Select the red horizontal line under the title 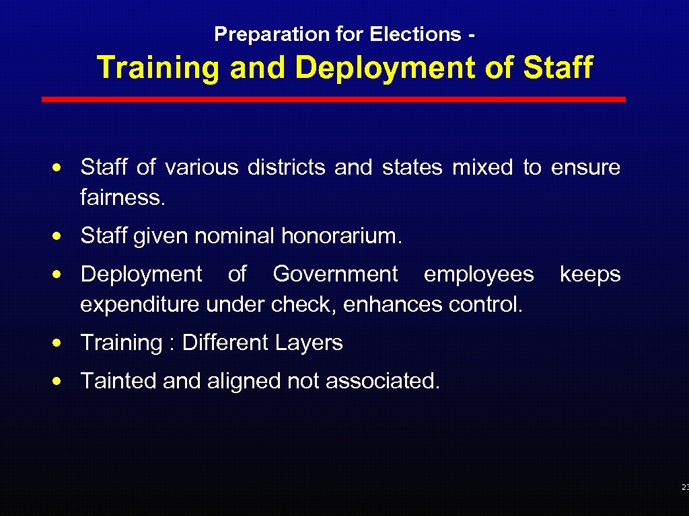(334, 99)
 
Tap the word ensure (585, 167)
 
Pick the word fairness (122, 198)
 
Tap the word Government (335, 274)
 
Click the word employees (478, 274)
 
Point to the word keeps (590, 274)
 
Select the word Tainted (118, 381)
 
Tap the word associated (382, 381)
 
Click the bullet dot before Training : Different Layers (61, 343)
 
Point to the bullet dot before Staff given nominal (61, 236)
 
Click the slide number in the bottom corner (684, 487)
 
